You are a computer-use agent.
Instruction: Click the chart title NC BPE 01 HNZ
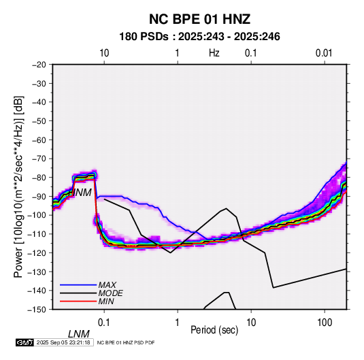coord(199,19)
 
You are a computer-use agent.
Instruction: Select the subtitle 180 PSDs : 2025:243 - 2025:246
coord(199,37)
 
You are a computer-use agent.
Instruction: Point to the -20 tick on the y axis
coord(39,65)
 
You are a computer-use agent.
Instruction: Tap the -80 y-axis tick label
coord(39,178)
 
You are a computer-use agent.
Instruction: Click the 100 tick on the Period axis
coord(325,323)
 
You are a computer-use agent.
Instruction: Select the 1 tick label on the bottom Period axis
coord(178,323)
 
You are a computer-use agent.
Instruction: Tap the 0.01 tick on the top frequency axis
coord(324,53)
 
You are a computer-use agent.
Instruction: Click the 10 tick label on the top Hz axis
coord(104,53)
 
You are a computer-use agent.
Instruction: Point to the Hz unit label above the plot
coord(214,53)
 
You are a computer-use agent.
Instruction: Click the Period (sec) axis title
coord(214,330)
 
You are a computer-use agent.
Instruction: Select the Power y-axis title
coord(18,187)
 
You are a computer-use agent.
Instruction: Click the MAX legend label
coord(107,285)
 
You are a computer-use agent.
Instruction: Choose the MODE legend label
coord(110,293)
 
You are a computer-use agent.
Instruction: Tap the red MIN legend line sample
coord(78,301)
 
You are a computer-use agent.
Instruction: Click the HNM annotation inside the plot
coord(80,193)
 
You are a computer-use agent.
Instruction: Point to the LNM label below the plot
coord(79,334)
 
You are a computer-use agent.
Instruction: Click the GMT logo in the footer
coord(25,342)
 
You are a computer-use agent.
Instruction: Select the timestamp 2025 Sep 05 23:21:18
coord(63,342)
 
